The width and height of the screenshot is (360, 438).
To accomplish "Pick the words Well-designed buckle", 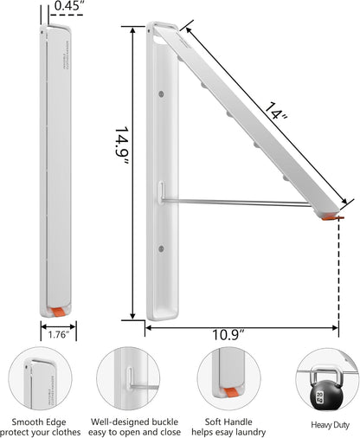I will point(134,422).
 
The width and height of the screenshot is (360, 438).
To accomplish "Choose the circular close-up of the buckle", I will point(134,381).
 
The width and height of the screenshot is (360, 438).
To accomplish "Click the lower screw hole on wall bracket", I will point(162,252).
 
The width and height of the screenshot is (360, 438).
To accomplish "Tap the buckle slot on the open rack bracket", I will point(159,191).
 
